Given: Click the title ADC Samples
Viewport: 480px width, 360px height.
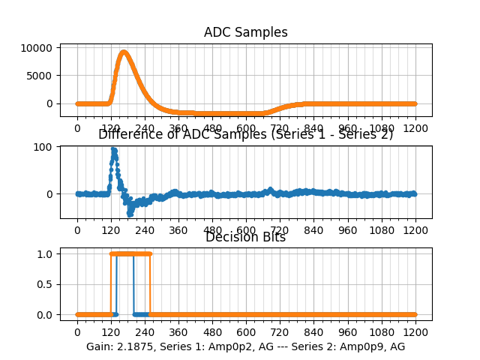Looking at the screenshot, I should (x=245, y=32).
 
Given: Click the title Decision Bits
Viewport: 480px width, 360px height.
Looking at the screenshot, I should (x=245, y=238).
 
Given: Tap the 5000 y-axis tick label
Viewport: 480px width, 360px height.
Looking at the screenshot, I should (x=42, y=76).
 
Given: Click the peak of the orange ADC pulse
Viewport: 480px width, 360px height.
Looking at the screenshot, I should (x=124, y=52).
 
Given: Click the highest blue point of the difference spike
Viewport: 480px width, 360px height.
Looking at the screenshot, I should (x=113, y=148).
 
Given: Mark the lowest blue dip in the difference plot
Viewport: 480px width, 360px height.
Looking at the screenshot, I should (x=129, y=214).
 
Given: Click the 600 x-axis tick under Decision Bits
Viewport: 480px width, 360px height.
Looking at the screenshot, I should (x=246, y=331).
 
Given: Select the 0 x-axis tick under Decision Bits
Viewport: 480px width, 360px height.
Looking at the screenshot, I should (x=77, y=331).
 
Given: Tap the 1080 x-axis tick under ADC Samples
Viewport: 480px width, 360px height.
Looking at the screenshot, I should (x=382, y=128).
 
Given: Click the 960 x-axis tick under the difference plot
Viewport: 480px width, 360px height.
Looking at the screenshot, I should (x=348, y=230).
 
